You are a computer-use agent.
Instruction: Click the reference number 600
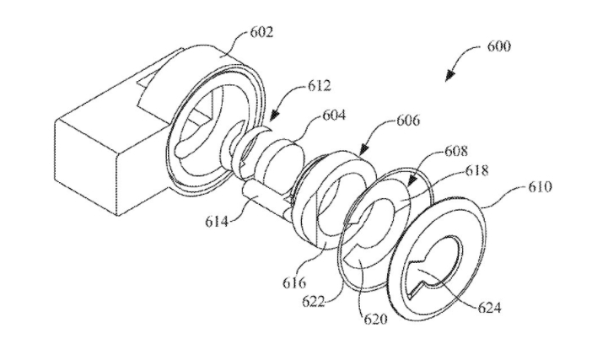[x=499, y=46]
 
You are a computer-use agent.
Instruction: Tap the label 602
[x=261, y=32]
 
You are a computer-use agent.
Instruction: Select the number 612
[x=320, y=85]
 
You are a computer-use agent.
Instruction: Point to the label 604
[x=333, y=116]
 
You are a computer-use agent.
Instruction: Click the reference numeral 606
[x=408, y=120]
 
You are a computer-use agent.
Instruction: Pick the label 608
[x=456, y=151]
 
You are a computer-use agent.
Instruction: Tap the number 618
[x=476, y=170]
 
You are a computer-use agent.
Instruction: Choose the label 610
[x=540, y=187]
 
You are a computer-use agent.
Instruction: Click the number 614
[x=217, y=222]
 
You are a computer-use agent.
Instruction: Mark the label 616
[x=294, y=283]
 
